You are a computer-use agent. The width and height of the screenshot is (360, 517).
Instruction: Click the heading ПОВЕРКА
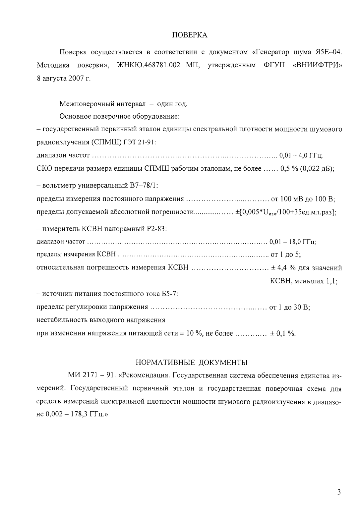point(190,35)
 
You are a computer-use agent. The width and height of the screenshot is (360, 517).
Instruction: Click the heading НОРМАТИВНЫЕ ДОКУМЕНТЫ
point(192,362)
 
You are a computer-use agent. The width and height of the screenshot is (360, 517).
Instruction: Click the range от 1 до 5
point(285,255)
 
